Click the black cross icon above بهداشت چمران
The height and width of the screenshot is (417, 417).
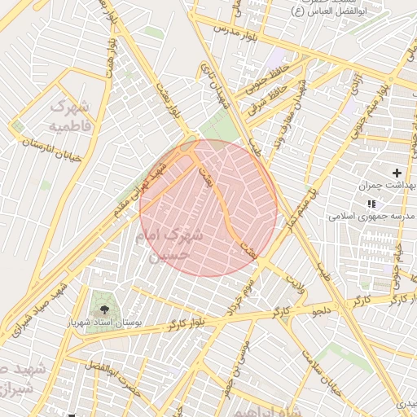pyautogui.click(x=397, y=173)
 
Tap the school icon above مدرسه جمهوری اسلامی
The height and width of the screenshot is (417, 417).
pyautogui.click(x=371, y=204)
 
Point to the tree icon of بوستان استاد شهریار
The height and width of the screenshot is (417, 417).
pyautogui.click(x=104, y=309)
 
